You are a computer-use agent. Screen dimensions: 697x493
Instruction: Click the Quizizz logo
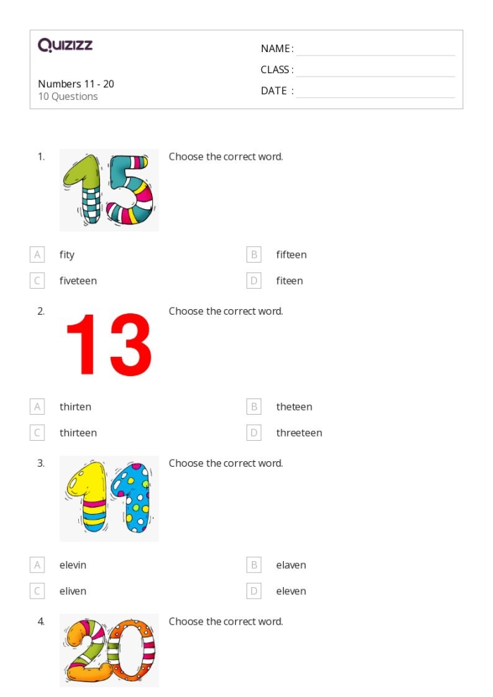pyautogui.click(x=65, y=46)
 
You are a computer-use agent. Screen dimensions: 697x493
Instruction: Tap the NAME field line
pyautogui.click(x=375, y=49)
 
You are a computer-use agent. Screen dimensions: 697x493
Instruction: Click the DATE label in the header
pyautogui.click(x=274, y=91)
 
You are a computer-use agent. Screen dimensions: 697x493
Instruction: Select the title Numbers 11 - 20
pyautogui.click(x=76, y=84)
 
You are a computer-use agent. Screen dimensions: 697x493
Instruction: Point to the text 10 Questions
pyautogui.click(x=68, y=96)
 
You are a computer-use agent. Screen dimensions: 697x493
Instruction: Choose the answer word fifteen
pyautogui.click(x=291, y=255)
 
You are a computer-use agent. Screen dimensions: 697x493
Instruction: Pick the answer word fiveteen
pyautogui.click(x=78, y=281)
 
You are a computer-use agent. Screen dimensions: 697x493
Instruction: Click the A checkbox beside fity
pyautogui.click(x=37, y=255)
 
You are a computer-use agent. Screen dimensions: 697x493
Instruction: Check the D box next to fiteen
pyautogui.click(x=254, y=281)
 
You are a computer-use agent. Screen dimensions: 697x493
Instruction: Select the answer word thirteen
pyautogui.click(x=78, y=433)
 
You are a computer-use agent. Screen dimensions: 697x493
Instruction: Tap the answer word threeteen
pyautogui.click(x=299, y=433)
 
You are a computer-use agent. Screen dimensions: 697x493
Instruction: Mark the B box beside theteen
pyautogui.click(x=254, y=407)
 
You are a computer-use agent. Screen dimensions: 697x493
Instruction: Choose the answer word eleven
pyautogui.click(x=291, y=591)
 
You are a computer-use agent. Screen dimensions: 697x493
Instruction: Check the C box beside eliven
pyautogui.click(x=37, y=591)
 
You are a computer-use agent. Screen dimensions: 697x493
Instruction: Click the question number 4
pyautogui.click(x=42, y=622)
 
